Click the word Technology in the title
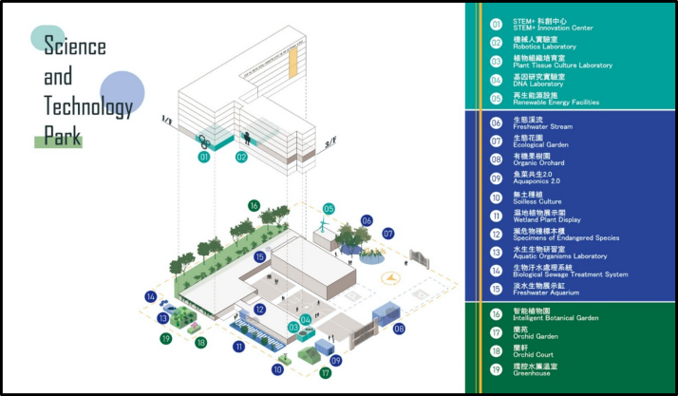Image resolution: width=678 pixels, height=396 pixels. (x=87, y=108)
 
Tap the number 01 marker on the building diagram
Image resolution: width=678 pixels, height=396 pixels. (x=204, y=157)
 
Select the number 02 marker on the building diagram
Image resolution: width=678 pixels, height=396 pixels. (x=241, y=157)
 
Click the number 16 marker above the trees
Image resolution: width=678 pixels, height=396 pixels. (x=254, y=205)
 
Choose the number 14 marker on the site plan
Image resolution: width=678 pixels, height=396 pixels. (x=150, y=296)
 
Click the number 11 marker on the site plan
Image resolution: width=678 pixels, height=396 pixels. (x=238, y=348)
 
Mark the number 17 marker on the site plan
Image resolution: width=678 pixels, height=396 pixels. (x=326, y=373)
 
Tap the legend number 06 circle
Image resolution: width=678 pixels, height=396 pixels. (x=496, y=123)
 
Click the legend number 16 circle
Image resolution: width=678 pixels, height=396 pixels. (x=496, y=314)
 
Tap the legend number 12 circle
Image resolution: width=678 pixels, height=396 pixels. (x=496, y=234)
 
